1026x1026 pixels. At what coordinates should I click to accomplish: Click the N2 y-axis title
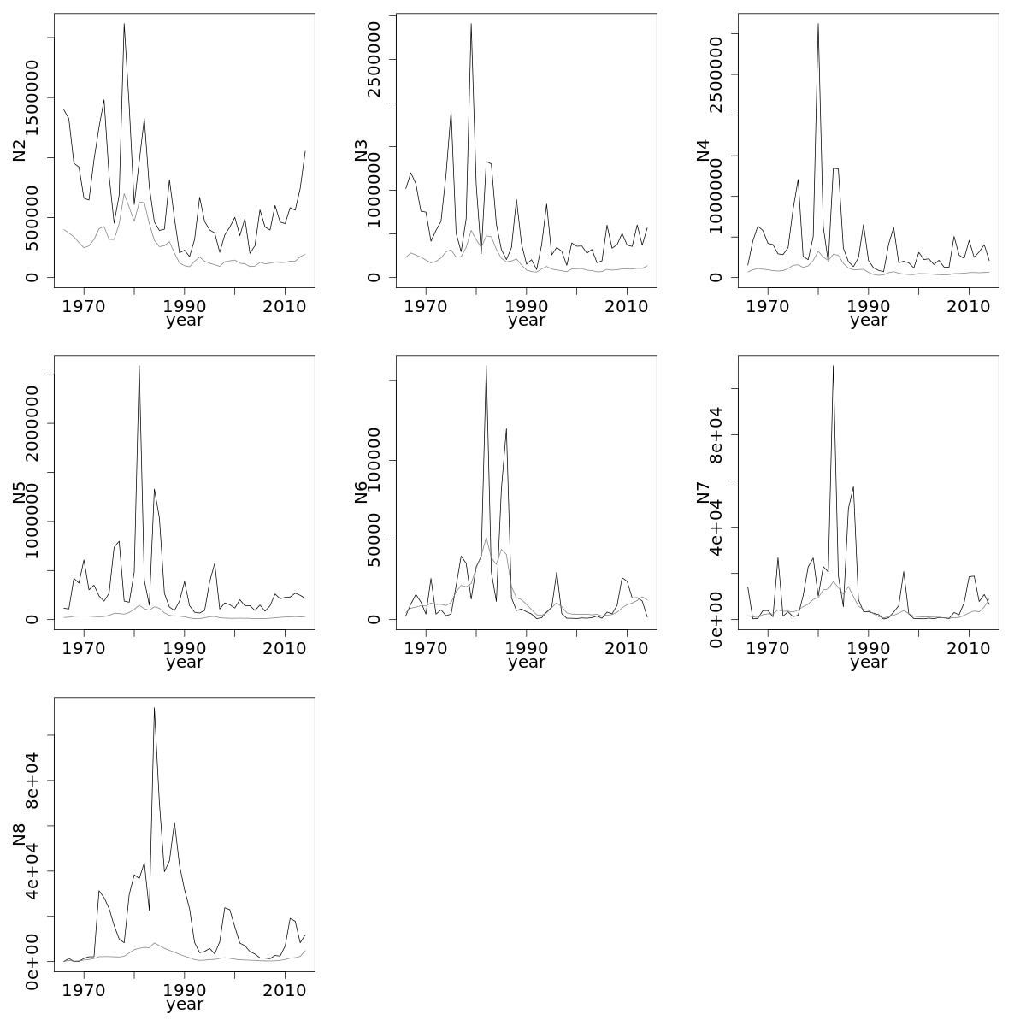coord(20,150)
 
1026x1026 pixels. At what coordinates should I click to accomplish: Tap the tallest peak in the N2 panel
coord(124,24)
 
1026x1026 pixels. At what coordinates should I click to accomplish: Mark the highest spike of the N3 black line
coord(471,24)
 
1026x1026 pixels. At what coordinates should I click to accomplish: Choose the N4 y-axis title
coord(704,150)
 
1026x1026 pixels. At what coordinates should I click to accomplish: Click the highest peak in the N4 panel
coord(818,24)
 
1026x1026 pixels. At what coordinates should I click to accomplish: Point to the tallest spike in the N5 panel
coord(139,366)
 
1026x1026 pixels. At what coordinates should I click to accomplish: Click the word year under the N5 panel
coord(185,663)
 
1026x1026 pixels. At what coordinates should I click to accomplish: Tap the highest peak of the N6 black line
coord(486,366)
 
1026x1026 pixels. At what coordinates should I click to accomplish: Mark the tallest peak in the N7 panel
coord(833,366)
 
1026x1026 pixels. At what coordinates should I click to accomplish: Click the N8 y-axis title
coord(20,834)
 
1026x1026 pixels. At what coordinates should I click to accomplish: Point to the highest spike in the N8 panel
coord(154,708)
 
